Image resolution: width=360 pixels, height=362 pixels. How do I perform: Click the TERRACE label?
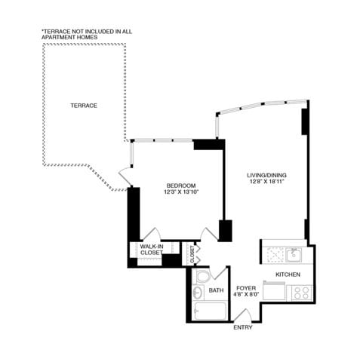(x=84, y=106)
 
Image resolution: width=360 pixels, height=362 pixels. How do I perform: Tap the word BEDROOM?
(x=181, y=186)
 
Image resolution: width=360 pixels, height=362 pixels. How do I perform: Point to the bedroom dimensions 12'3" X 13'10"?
(x=181, y=193)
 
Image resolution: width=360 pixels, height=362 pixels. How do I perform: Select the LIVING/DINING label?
(x=266, y=176)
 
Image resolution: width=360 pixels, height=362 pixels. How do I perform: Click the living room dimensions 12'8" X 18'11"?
(x=266, y=183)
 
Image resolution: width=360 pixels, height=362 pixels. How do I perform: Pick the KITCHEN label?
(x=288, y=274)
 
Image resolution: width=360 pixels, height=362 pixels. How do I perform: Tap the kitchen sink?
(x=294, y=253)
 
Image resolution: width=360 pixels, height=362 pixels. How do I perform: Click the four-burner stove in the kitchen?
(x=300, y=292)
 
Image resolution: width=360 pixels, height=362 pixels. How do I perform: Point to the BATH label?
(x=216, y=291)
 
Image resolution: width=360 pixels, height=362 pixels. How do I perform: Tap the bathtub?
(x=208, y=311)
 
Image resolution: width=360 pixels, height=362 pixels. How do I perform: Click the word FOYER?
(x=246, y=288)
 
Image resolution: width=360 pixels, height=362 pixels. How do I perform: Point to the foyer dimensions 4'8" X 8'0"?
(x=246, y=296)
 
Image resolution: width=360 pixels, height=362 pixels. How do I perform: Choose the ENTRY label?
(x=243, y=327)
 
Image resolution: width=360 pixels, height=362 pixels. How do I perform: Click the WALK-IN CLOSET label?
(x=151, y=249)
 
